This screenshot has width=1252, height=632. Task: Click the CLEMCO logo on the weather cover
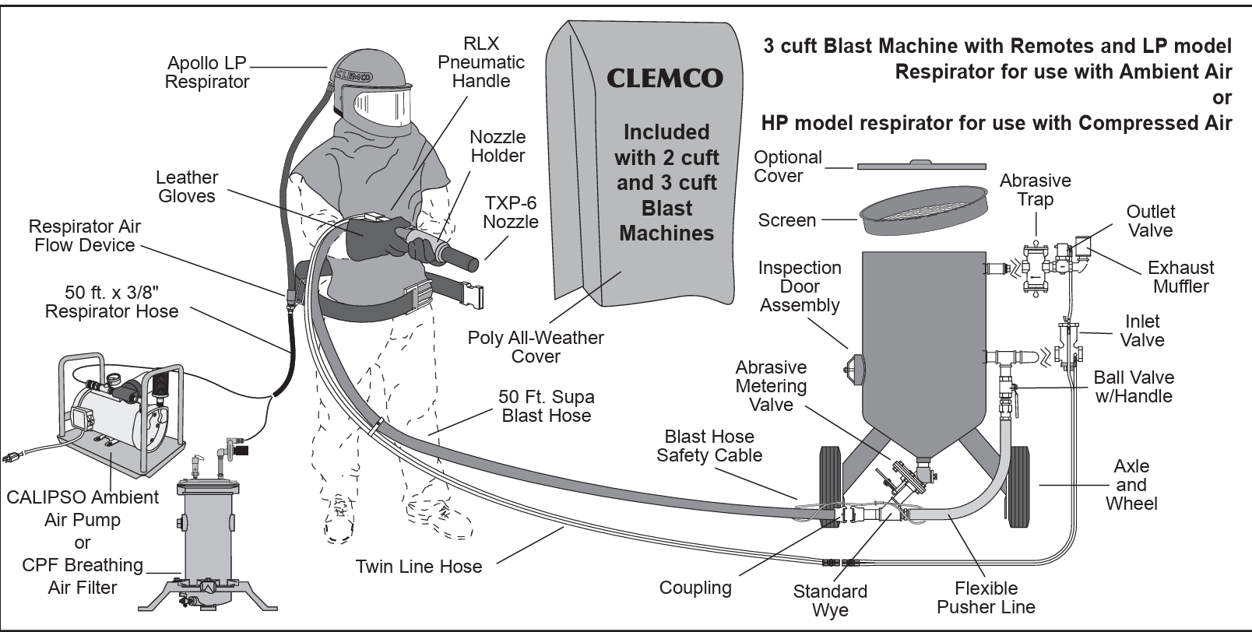[664, 79]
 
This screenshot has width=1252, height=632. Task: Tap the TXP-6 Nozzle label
[511, 212]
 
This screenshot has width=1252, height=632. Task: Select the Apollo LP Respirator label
[207, 72]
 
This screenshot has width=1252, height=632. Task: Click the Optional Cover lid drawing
[921, 165]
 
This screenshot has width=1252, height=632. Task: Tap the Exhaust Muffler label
[1180, 277]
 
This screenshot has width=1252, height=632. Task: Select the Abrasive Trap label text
[1035, 190]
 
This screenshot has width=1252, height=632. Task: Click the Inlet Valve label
[1142, 331]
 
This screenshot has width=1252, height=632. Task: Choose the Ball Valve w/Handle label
[1133, 387]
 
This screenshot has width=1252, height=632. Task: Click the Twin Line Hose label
[419, 567]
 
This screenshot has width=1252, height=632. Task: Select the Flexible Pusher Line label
[986, 598]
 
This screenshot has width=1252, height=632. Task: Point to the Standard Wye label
[830, 601]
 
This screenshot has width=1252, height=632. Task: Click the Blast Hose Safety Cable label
[709, 446]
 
